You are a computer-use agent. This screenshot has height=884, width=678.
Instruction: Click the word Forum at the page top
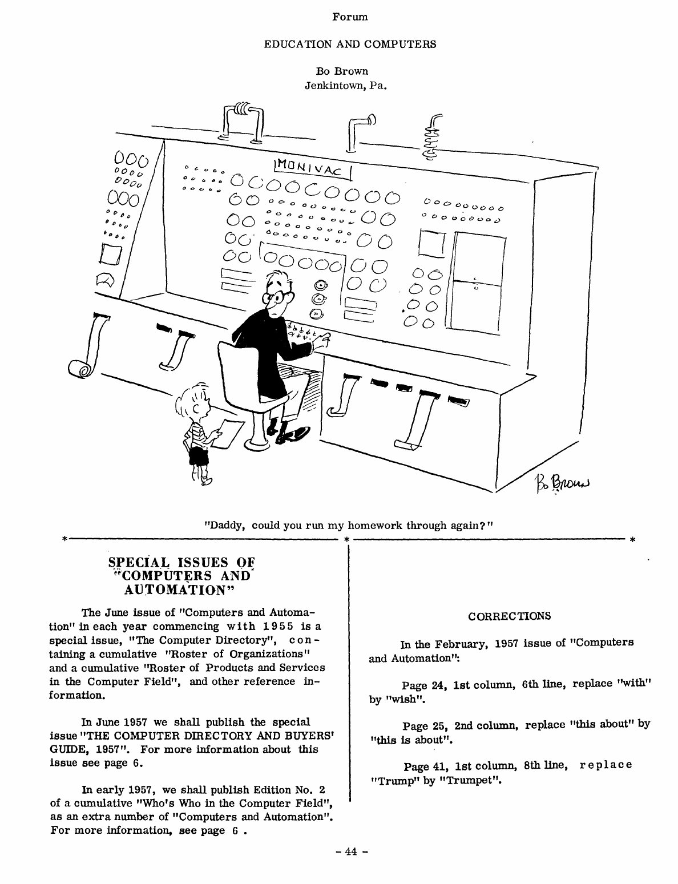[x=350, y=17]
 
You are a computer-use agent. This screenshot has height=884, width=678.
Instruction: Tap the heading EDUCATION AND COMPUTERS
[x=350, y=44]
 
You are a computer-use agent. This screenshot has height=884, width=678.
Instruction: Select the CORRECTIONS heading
[x=509, y=616]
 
